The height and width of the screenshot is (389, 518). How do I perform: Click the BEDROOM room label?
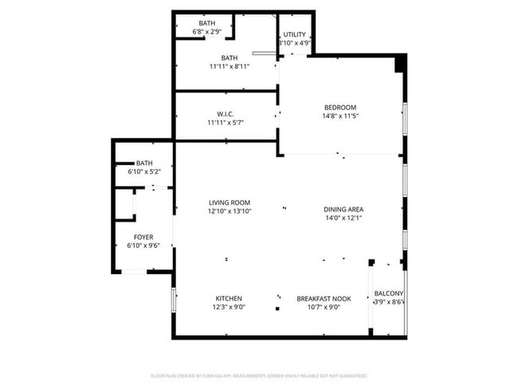click(339, 108)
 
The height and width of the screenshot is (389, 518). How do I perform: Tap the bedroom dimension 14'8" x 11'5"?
click(339, 116)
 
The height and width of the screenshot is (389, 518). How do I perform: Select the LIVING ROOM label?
click(230, 203)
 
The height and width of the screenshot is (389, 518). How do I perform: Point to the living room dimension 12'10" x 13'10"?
click(230, 212)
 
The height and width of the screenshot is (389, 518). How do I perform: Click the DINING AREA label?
click(344, 210)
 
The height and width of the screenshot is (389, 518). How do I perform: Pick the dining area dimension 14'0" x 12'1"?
click(344, 218)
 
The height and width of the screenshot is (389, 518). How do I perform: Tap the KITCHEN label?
click(228, 298)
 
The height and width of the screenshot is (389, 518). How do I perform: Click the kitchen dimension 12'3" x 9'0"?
click(228, 307)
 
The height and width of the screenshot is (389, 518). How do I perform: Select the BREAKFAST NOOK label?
click(324, 298)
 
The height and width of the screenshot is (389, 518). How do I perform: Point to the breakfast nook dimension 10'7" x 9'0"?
click(324, 307)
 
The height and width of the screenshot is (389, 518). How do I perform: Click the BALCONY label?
click(389, 293)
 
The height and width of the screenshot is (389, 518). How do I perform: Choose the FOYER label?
click(143, 237)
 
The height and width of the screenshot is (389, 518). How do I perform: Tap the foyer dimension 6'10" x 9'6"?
click(143, 246)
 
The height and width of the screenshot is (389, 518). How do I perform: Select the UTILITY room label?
click(294, 35)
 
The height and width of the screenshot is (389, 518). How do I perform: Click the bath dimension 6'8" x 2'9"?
click(207, 32)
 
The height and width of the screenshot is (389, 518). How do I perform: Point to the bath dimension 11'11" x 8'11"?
click(230, 66)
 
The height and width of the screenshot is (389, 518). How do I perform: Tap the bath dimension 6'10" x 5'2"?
click(144, 171)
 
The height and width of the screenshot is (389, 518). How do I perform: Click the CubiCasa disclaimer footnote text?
click(259, 375)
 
